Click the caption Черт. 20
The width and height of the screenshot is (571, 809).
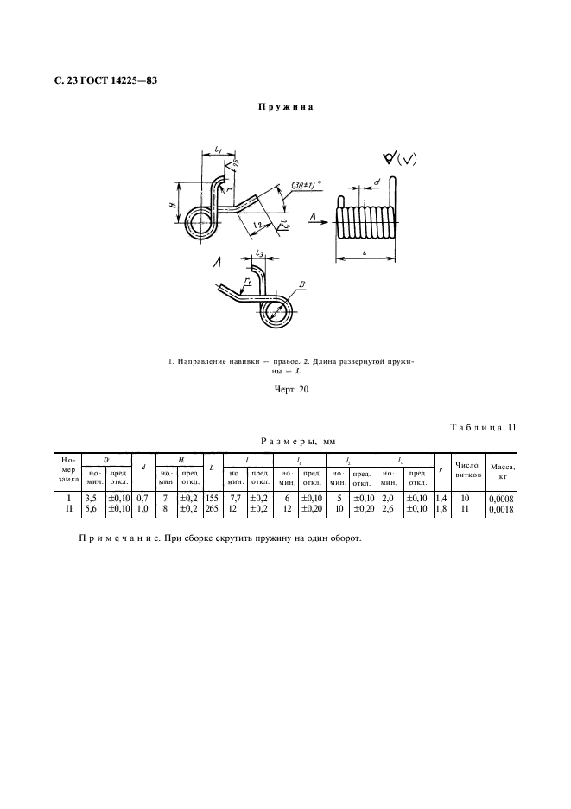click(285, 390)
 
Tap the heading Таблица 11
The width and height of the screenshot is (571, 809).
click(485, 427)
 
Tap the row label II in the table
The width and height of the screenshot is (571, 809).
click(69, 510)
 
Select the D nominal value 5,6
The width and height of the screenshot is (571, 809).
click(90, 510)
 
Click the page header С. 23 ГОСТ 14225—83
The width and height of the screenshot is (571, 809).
click(105, 82)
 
